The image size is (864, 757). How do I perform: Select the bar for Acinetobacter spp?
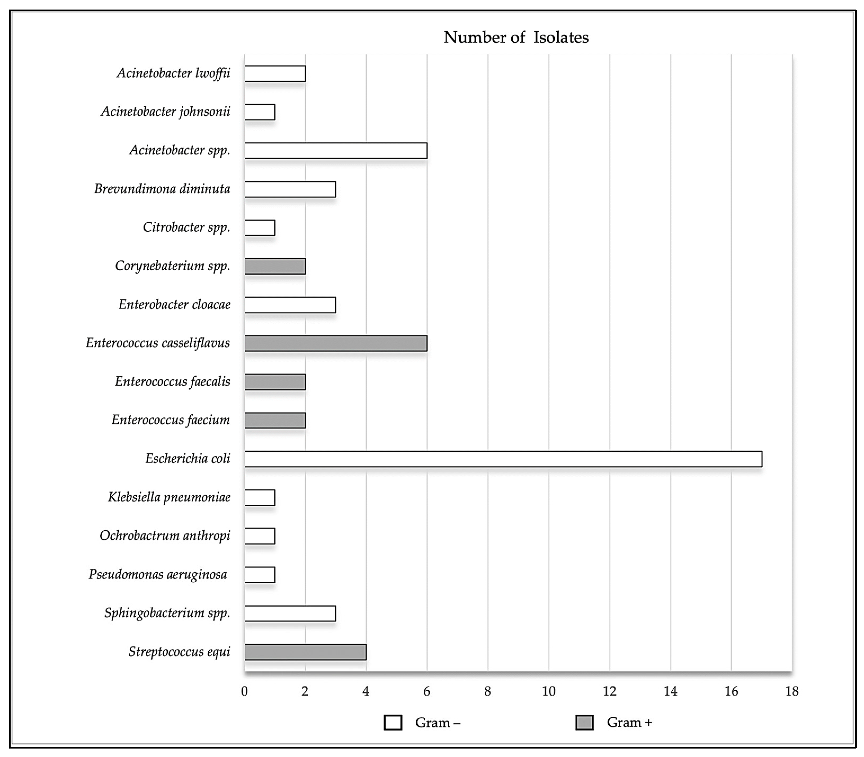point(336,151)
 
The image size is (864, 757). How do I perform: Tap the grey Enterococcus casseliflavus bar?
point(336,343)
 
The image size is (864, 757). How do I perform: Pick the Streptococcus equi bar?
point(305,652)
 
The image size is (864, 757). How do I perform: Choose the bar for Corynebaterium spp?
point(275,267)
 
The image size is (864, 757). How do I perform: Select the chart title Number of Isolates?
point(516,38)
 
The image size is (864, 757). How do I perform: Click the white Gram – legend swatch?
point(393,722)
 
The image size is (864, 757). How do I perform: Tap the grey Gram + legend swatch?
point(584,722)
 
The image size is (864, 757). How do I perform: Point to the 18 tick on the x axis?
point(792,692)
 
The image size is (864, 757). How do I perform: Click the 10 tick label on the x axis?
point(548,692)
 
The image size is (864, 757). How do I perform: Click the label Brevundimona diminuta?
point(162,189)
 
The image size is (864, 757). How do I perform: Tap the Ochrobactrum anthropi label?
point(165,536)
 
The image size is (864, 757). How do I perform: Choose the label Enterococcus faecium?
point(171,420)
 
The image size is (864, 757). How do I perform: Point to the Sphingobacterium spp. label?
point(167,613)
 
